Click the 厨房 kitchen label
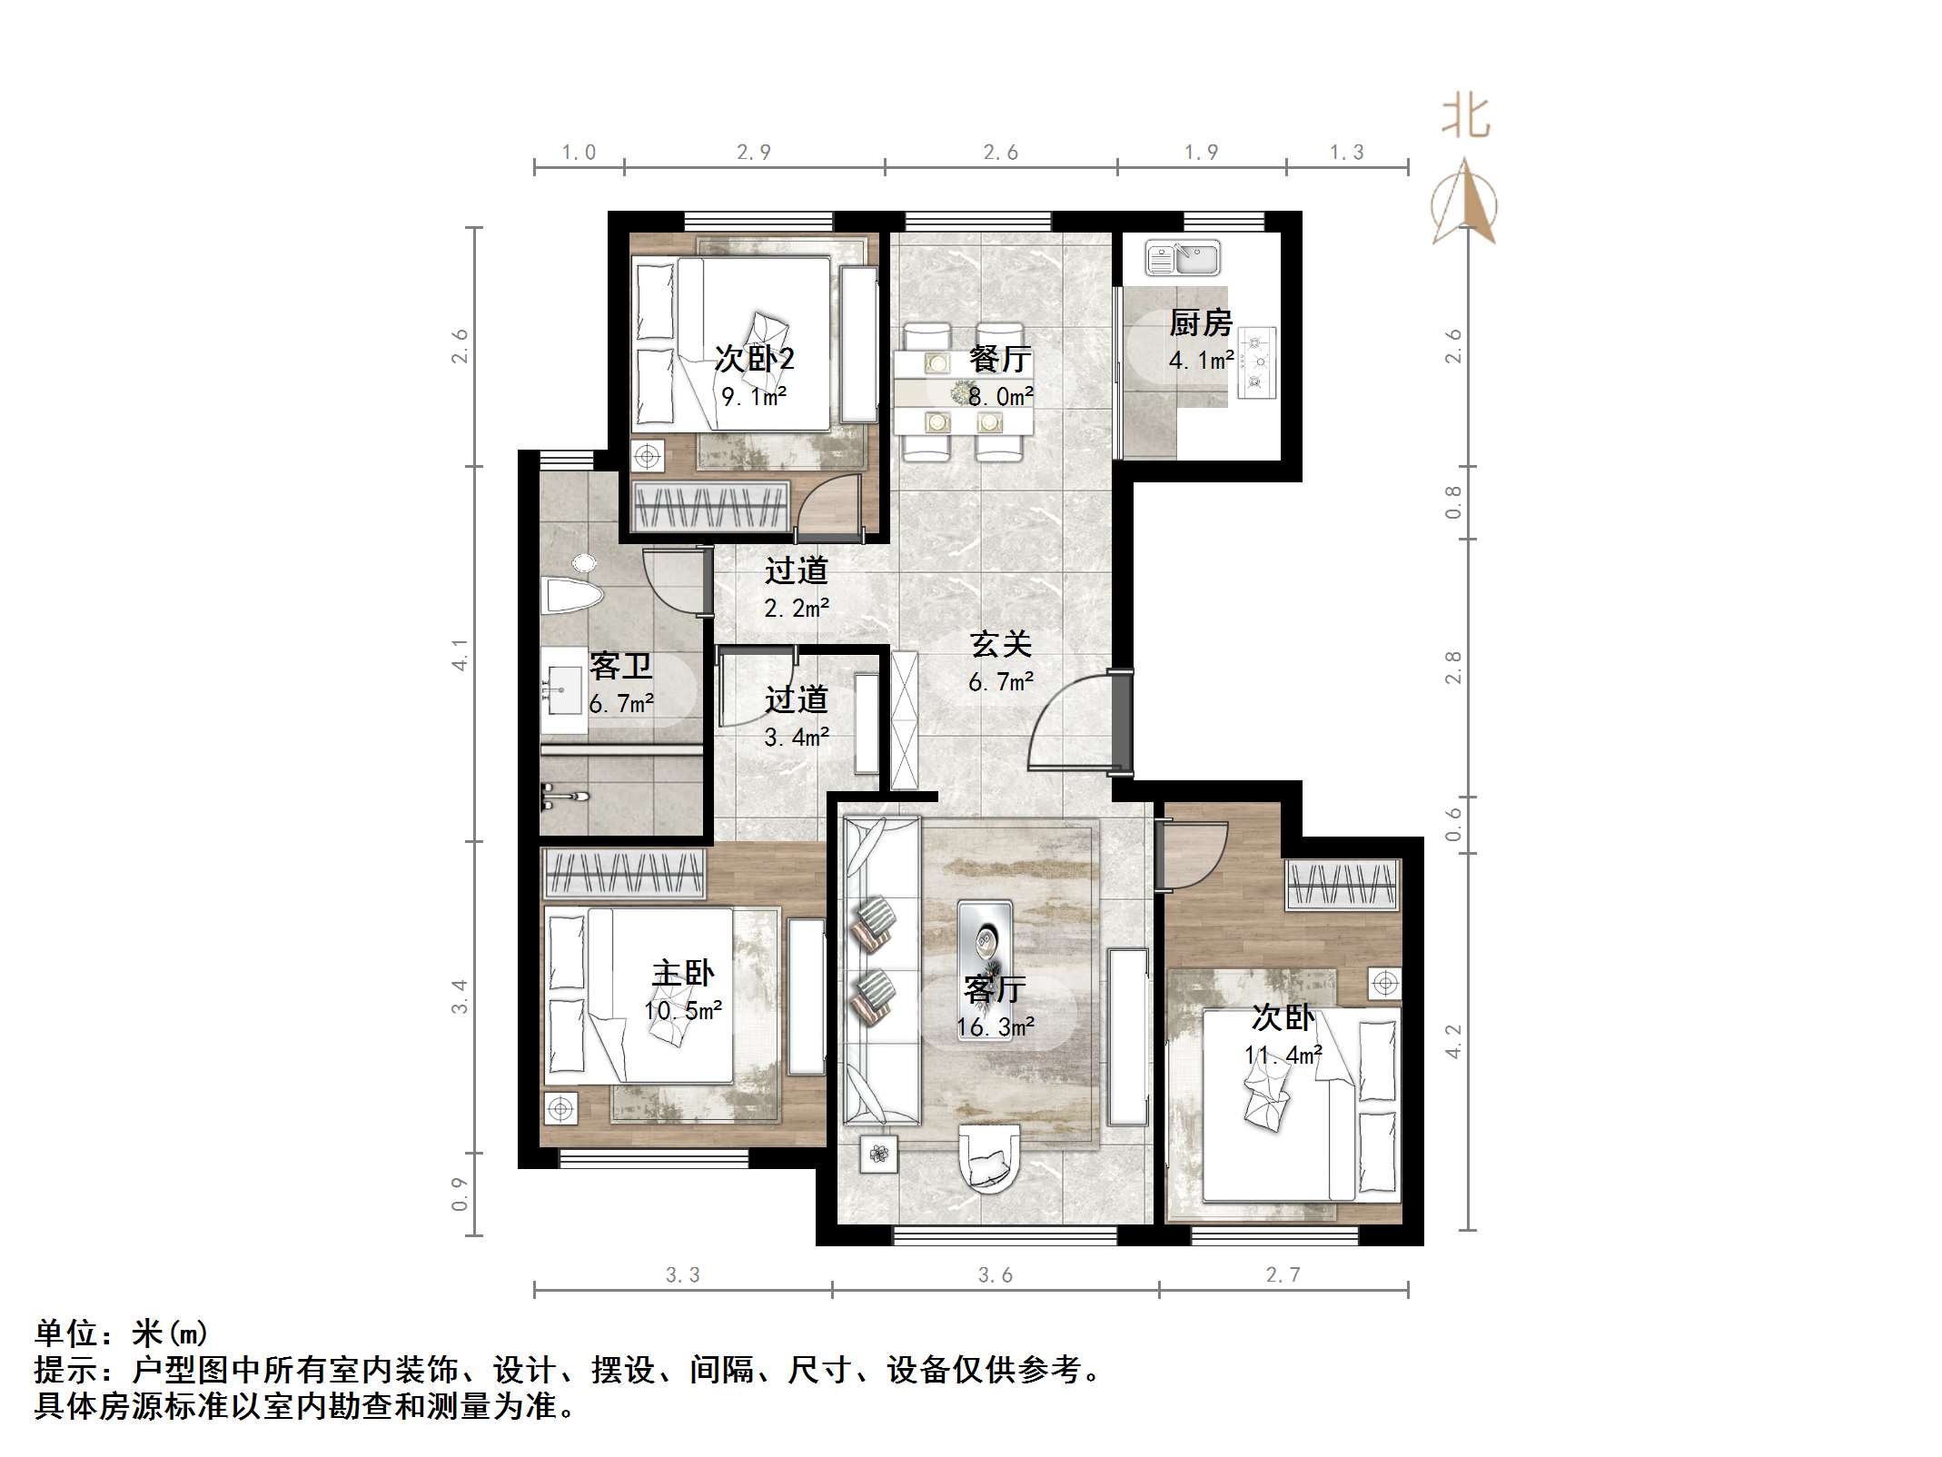pyautogui.click(x=1200, y=323)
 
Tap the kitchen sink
pyautogui.click(x=1182, y=258)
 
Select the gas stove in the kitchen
pyautogui.click(x=1257, y=363)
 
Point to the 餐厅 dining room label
pyautogui.click(x=999, y=359)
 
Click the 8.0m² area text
pyautogui.click(x=1001, y=397)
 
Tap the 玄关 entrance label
pyautogui.click(x=1001, y=644)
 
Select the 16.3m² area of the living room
pyautogui.click(x=996, y=1027)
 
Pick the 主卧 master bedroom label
pyautogui.click(x=683, y=974)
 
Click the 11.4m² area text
pyautogui.click(x=1283, y=1056)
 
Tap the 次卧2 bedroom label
pyautogui.click(x=754, y=358)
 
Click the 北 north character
pyautogui.click(x=1465, y=117)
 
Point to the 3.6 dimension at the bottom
pyautogui.click(x=996, y=1275)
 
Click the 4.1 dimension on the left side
pyautogui.click(x=461, y=654)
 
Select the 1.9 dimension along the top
pyautogui.click(x=1201, y=153)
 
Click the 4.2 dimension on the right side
pyautogui.click(x=1453, y=1041)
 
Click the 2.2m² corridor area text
pyautogui.click(x=797, y=609)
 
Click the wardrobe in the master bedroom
pyautogui.click(x=624, y=874)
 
